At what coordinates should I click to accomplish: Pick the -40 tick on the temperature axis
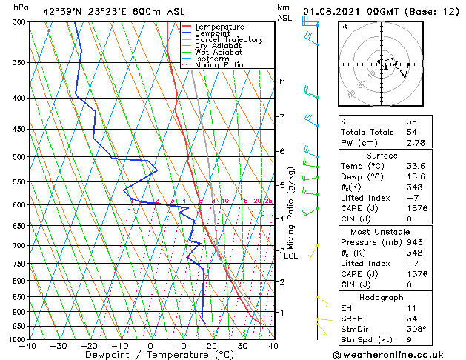point(29,346)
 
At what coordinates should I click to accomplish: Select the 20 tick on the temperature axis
point(212,346)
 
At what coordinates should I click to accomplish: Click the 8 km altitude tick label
point(282,81)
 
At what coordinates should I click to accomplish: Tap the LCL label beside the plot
point(291,256)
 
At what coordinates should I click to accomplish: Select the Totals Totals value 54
point(411,132)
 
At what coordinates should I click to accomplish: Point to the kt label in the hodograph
point(344,26)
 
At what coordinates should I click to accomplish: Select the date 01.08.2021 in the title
point(331,10)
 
